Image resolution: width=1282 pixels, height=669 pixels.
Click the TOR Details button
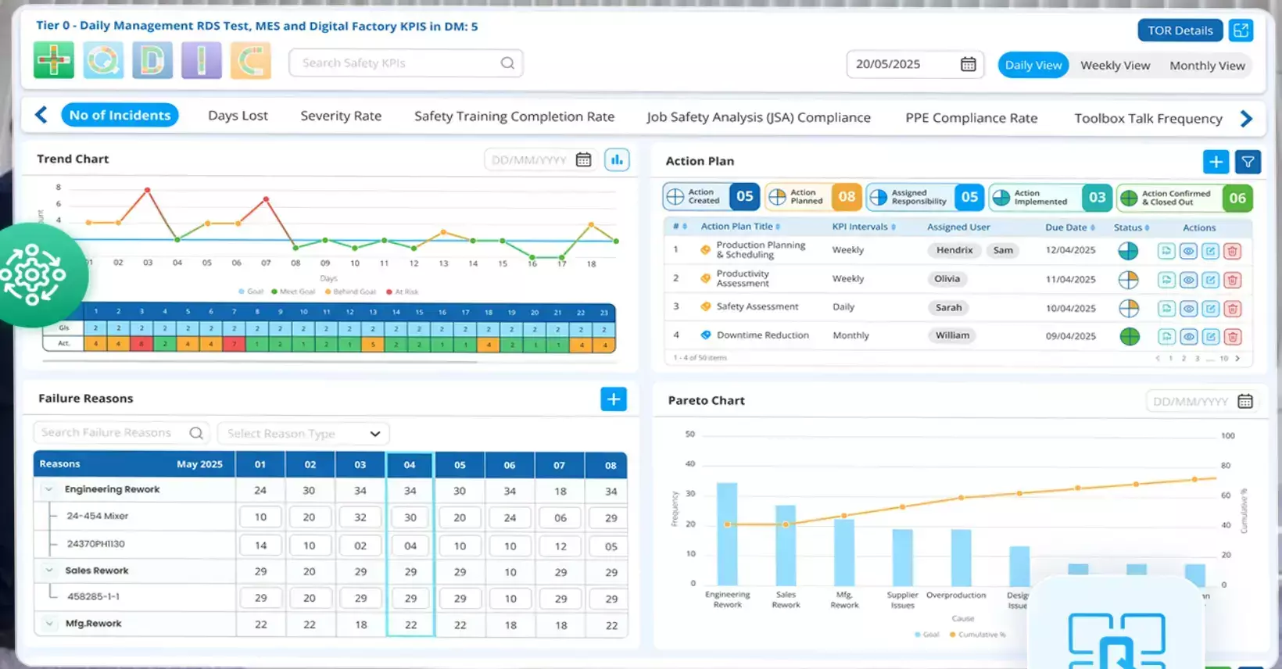click(x=1180, y=30)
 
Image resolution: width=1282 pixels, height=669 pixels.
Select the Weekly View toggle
click(x=1115, y=66)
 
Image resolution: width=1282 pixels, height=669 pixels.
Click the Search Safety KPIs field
click(x=399, y=63)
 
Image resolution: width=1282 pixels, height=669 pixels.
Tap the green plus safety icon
click(x=53, y=60)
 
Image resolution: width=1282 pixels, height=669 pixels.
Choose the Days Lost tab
click(x=238, y=116)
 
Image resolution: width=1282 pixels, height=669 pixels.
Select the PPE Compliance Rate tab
click(x=971, y=118)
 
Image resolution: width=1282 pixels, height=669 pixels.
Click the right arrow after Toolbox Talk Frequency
click(x=1246, y=119)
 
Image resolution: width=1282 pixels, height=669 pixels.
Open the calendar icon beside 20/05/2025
click(x=968, y=64)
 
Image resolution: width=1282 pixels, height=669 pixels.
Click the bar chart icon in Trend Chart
click(x=617, y=160)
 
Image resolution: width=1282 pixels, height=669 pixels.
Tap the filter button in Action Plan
click(x=1248, y=162)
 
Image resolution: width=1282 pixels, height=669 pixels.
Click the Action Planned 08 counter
click(x=813, y=197)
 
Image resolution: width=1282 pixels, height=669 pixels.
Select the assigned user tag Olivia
click(x=947, y=279)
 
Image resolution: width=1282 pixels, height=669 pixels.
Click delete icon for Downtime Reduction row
click(x=1233, y=337)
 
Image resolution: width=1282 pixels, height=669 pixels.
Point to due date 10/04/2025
click(x=1070, y=308)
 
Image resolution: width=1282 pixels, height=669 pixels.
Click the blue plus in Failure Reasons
click(x=614, y=399)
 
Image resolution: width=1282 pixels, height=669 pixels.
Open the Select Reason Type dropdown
click(x=303, y=434)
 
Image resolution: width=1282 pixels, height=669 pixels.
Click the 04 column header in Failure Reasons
click(x=410, y=465)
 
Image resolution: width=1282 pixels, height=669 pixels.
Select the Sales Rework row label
click(x=97, y=571)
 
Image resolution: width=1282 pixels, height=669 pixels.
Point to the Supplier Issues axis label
click(x=902, y=599)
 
